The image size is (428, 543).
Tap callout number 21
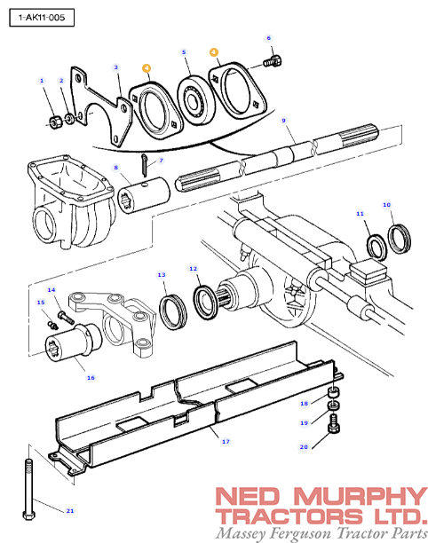coord(70,511)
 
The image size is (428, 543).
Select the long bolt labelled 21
coord(30,484)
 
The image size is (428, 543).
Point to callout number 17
coord(225,440)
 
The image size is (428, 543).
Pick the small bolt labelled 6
coord(273,62)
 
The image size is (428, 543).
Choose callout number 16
coord(90,377)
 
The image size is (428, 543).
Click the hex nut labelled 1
coord(53,119)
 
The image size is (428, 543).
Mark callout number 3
coord(115,67)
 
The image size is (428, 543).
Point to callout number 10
coord(386,205)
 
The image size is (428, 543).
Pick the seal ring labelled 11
coord(376,244)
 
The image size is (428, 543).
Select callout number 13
coord(162,275)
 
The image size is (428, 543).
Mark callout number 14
coord(51,289)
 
